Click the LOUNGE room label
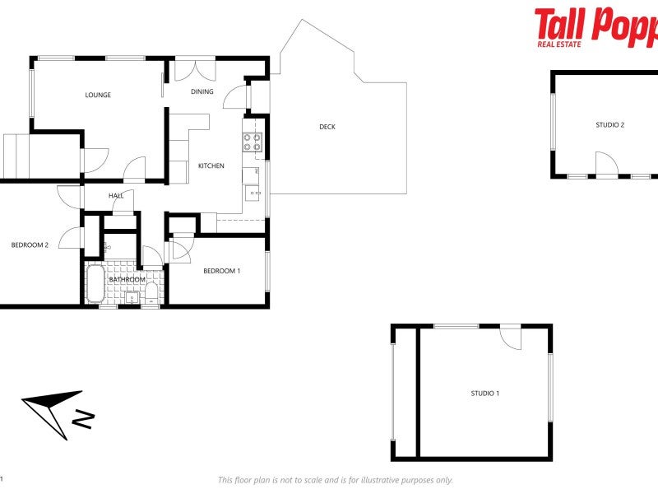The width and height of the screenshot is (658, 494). pyautogui.click(x=98, y=95)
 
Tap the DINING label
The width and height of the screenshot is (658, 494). pyautogui.click(x=202, y=91)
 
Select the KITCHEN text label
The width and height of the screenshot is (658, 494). pyautogui.click(x=211, y=166)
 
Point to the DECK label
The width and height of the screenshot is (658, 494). pyautogui.click(x=327, y=127)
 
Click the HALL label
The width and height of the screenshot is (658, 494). pyautogui.click(x=116, y=196)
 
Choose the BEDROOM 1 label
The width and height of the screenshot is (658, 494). pyautogui.click(x=221, y=271)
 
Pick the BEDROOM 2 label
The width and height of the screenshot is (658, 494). pyautogui.click(x=30, y=245)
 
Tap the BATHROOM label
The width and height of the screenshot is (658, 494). pyautogui.click(x=127, y=280)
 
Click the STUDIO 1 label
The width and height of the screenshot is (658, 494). pyautogui.click(x=484, y=394)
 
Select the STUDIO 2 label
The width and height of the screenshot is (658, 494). pyautogui.click(x=609, y=125)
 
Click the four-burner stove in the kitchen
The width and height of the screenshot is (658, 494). pyautogui.click(x=252, y=142)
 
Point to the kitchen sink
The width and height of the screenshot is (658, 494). pyautogui.click(x=252, y=194)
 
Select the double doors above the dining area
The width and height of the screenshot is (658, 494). pyautogui.click(x=195, y=68)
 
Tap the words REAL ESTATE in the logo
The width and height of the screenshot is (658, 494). pyautogui.click(x=558, y=43)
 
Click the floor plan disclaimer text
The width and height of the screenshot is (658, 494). pyautogui.click(x=335, y=480)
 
